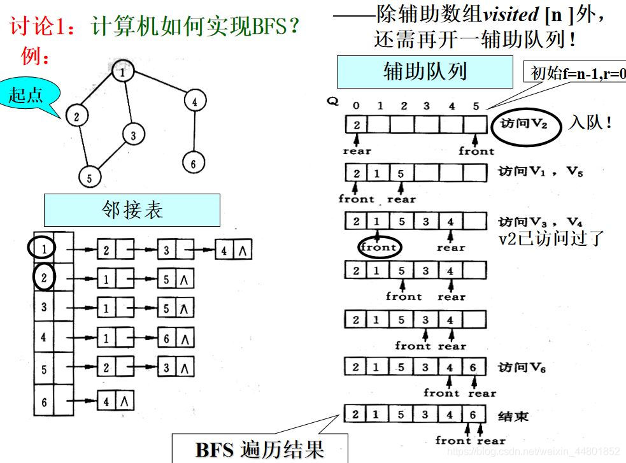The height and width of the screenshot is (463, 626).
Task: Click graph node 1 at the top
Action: (122, 72)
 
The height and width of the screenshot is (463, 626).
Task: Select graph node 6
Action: (193, 162)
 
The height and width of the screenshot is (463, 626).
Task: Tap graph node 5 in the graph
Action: (89, 178)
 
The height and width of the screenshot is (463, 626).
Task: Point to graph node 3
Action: (133, 135)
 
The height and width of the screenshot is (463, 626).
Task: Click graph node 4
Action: (194, 101)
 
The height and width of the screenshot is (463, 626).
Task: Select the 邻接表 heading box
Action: (132, 210)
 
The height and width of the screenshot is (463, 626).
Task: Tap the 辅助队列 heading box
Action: (424, 71)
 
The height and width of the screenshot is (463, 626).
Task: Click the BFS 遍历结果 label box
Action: (260, 448)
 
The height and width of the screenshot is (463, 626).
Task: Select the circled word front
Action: (379, 246)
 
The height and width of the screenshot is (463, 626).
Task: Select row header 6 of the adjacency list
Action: (43, 402)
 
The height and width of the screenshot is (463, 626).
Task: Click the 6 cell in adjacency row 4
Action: (167, 338)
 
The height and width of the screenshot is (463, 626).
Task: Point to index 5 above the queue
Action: (476, 106)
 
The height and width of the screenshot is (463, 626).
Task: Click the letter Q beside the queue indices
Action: (332, 101)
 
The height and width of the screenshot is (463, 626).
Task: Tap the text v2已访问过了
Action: (550, 238)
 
